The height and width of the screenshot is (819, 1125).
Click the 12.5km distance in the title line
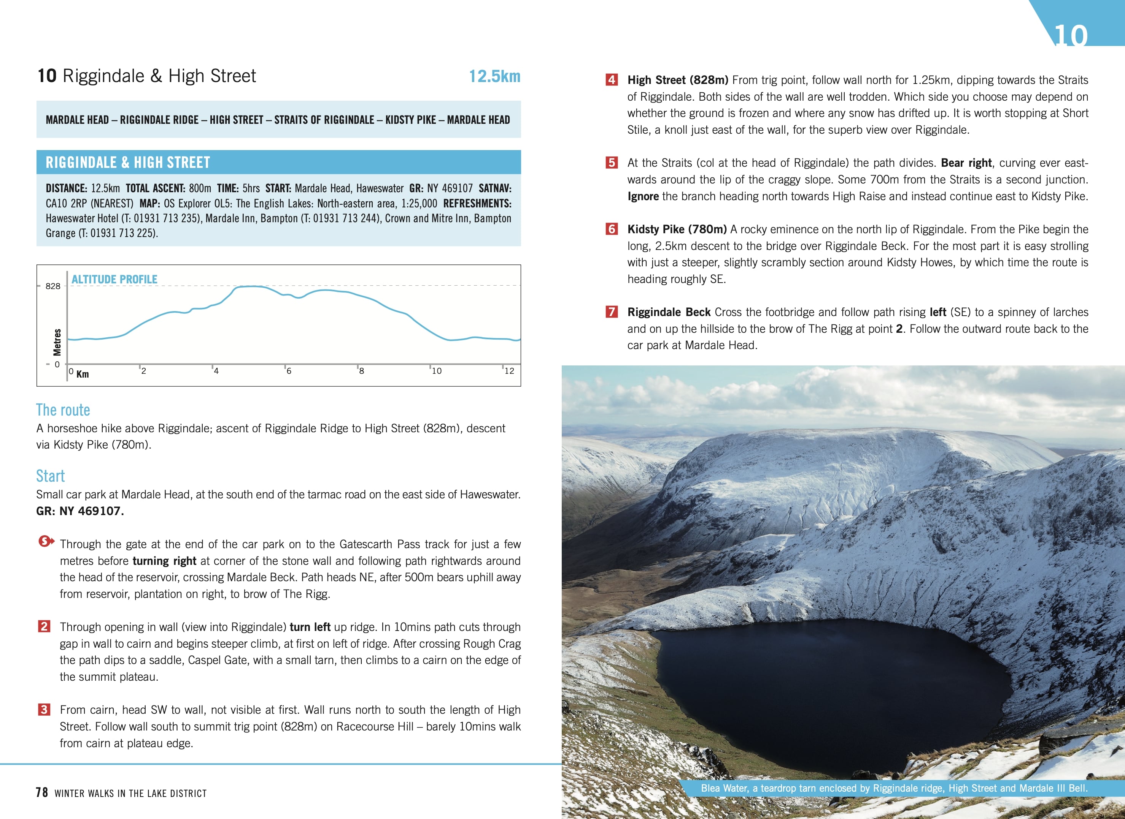pos(494,76)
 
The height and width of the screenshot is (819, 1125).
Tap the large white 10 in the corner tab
pos(1070,36)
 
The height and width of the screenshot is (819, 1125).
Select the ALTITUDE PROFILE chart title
pos(114,279)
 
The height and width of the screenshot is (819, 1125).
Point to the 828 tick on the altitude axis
pos(52,286)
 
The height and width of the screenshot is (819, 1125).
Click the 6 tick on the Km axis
pos(288,371)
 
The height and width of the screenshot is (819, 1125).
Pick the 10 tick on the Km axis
pos(436,371)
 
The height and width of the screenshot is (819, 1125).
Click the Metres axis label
pos(57,342)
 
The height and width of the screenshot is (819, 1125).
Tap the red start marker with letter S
pos(46,541)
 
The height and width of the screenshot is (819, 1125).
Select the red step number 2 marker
pos(44,626)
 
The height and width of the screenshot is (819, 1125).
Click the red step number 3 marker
pos(44,710)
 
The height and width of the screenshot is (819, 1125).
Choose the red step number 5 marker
pos(612,163)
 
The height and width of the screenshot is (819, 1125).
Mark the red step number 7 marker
pos(612,312)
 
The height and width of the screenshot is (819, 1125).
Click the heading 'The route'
pos(63,410)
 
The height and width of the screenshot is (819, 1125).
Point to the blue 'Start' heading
pos(50,476)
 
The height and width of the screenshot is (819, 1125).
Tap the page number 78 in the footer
pos(42,792)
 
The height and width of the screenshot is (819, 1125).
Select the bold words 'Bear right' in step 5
pos(966,163)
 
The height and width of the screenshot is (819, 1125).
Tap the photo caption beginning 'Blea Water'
pos(893,788)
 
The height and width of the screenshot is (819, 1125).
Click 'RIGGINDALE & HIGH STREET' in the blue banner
pos(128,162)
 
